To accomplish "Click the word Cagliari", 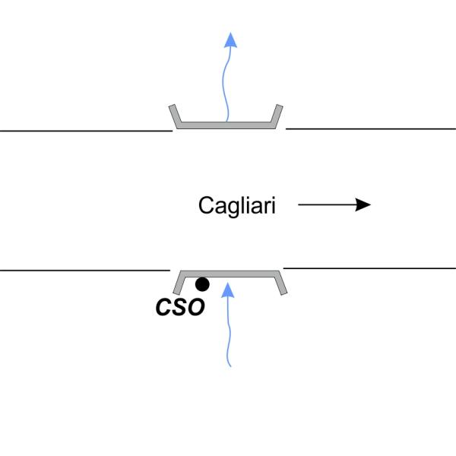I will click(236, 205).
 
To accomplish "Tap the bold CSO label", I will click(179, 307).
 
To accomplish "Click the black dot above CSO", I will click(202, 285).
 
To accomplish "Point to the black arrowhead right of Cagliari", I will click(363, 204).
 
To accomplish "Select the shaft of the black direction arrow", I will click(327, 204).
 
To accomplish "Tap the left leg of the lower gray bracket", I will click(178, 283).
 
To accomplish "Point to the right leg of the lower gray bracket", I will click(280, 283).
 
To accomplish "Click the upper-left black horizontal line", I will click(84, 131).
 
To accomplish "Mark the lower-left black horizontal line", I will click(84, 270).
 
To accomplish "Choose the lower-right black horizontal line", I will click(371, 268).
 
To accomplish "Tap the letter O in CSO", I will click(196, 307).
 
